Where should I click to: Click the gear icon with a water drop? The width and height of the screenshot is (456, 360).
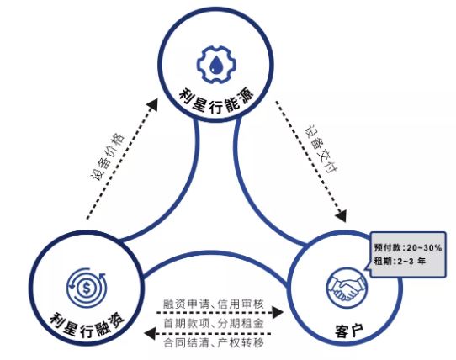[x=216, y=65]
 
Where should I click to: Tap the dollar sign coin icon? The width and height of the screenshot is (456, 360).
[x=87, y=288]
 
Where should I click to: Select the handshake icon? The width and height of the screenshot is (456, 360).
[x=347, y=288]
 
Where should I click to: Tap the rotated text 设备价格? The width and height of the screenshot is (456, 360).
[x=108, y=156]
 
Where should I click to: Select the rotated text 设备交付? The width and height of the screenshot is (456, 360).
[x=321, y=150]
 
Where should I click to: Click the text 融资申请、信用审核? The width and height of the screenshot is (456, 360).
[x=214, y=304]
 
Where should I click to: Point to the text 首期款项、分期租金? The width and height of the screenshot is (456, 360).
[x=214, y=323]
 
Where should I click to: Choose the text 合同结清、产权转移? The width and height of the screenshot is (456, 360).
[x=214, y=343]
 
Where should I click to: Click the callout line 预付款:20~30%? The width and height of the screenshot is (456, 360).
[x=408, y=248]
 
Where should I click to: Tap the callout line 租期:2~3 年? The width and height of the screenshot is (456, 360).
[x=400, y=261]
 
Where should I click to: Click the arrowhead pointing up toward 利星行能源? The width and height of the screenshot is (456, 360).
[x=152, y=104]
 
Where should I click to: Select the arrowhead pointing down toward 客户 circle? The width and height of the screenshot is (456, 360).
[x=341, y=215]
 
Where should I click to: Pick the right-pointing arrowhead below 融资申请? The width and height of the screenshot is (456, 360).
[x=277, y=313]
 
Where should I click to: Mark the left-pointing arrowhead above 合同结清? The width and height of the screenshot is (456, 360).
[x=150, y=333]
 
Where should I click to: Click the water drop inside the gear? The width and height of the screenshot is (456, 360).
[x=216, y=65]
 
